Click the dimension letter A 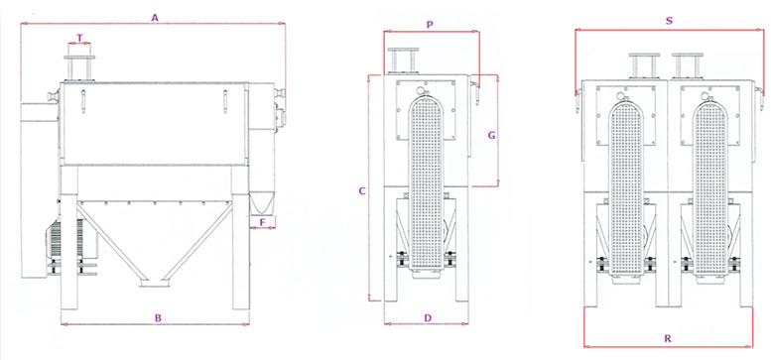[x=155, y=18]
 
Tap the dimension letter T [x=79, y=38]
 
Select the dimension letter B [x=158, y=317]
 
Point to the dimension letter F [x=262, y=222]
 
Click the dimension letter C [x=362, y=191]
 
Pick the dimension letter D [x=428, y=317]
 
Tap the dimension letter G [x=491, y=136]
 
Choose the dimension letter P [x=430, y=25]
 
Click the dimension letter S [x=669, y=21]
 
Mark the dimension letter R [x=667, y=338]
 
